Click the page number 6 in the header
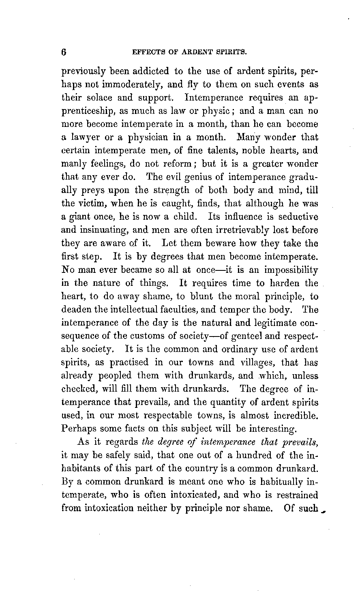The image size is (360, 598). pyautogui.click(x=64, y=51)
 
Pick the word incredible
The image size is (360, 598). pyautogui.click(x=295, y=415)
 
